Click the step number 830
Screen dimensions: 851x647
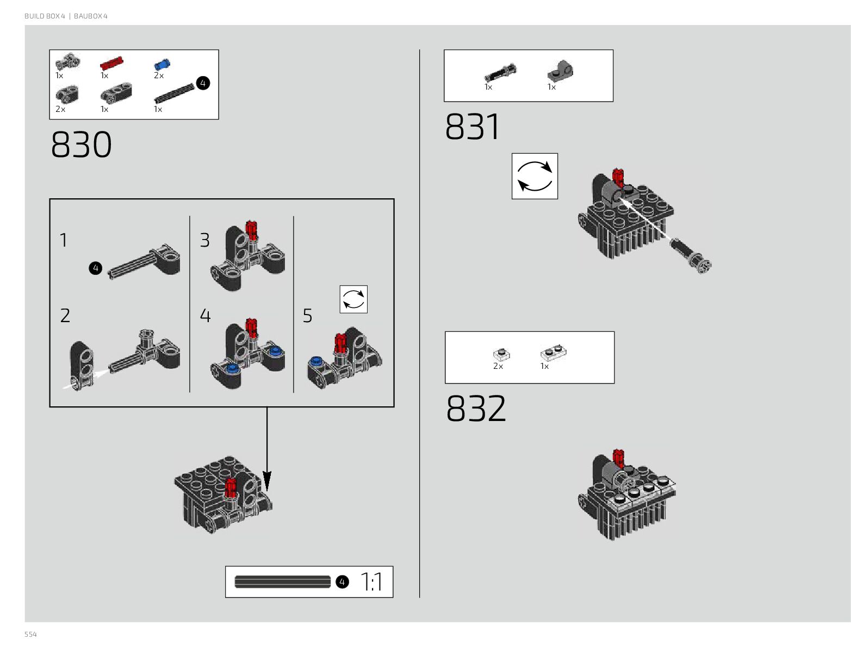click(x=82, y=145)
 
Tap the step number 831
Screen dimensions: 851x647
click(x=472, y=127)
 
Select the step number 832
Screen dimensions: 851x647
click(x=476, y=409)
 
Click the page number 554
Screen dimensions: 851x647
click(x=30, y=635)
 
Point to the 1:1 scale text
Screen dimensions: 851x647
click(x=372, y=582)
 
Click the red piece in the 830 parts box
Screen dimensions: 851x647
click(x=111, y=64)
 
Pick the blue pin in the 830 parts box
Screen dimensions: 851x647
click(x=162, y=65)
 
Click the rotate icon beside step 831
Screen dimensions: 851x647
click(x=535, y=176)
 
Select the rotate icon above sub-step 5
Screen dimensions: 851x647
click(x=353, y=299)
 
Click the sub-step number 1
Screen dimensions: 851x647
click(x=64, y=240)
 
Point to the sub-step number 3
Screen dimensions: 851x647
click(x=204, y=240)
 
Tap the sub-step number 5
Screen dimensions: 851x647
click(x=307, y=316)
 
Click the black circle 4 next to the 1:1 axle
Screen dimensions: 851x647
click(x=341, y=582)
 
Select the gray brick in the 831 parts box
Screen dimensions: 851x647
click(x=560, y=70)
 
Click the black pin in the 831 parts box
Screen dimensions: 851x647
click(x=500, y=73)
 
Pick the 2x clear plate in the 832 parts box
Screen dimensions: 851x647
click(x=501, y=354)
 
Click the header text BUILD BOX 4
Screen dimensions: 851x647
click(x=45, y=16)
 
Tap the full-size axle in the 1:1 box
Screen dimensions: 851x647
click(x=282, y=582)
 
